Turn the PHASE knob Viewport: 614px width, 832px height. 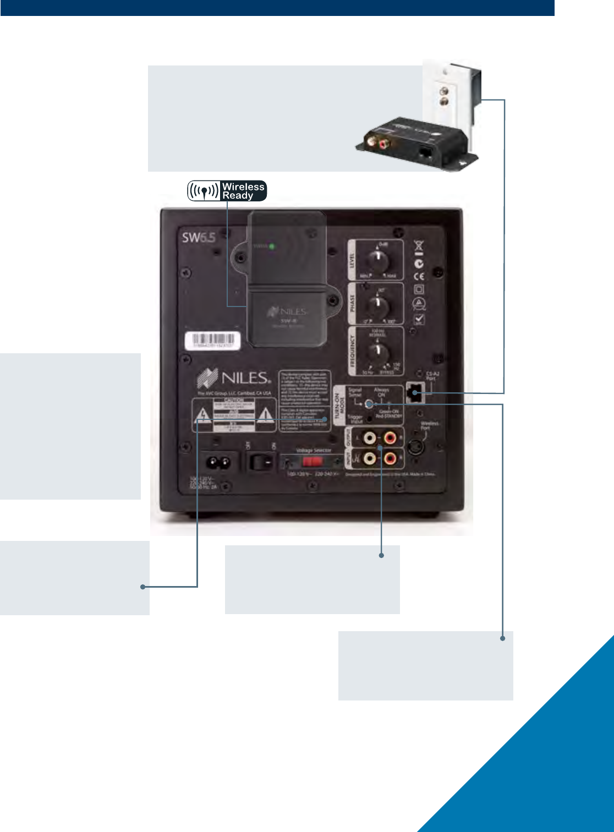pos(377,304)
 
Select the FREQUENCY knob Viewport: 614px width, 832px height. pos(377,351)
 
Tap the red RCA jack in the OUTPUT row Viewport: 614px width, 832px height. pos(390,439)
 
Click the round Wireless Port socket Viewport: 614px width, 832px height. pos(418,447)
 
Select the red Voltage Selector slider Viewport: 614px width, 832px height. pos(308,461)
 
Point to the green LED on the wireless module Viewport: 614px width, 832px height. pos(272,246)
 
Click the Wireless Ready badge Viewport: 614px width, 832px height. pos(227,190)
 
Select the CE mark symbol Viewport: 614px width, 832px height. pos(419,276)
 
